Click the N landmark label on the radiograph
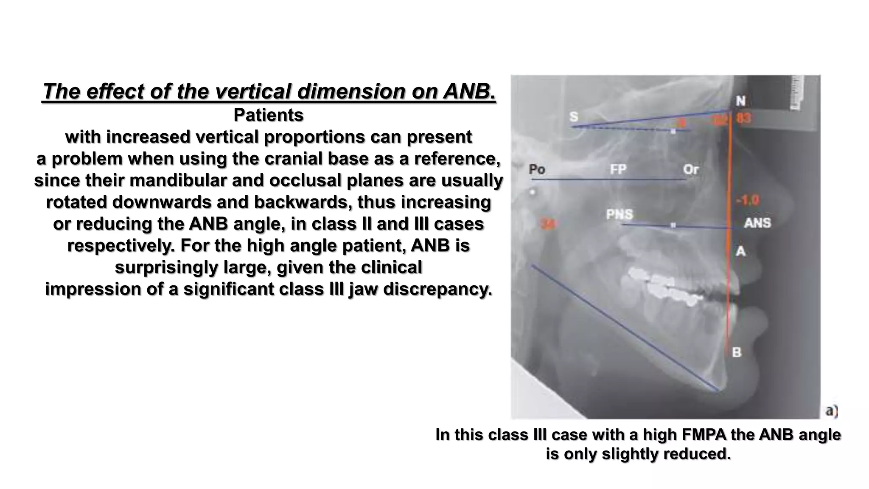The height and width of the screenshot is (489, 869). click(x=740, y=101)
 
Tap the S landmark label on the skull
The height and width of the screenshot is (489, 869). click(x=574, y=116)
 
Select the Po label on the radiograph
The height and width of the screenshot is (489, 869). click(x=537, y=169)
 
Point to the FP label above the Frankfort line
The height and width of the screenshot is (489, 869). click(x=618, y=169)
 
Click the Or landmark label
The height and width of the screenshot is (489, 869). click(x=691, y=169)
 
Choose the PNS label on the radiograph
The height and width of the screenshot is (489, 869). click(x=620, y=214)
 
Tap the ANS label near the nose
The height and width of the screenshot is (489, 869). click(x=757, y=223)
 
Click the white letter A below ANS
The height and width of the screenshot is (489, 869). click(x=740, y=251)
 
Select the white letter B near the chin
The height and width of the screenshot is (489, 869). click(x=737, y=352)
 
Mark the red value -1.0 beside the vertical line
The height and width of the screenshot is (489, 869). click(x=748, y=200)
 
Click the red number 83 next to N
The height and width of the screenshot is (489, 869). click(x=743, y=118)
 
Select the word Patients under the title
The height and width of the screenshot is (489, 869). click(x=269, y=115)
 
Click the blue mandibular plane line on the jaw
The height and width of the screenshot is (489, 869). click(x=624, y=327)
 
